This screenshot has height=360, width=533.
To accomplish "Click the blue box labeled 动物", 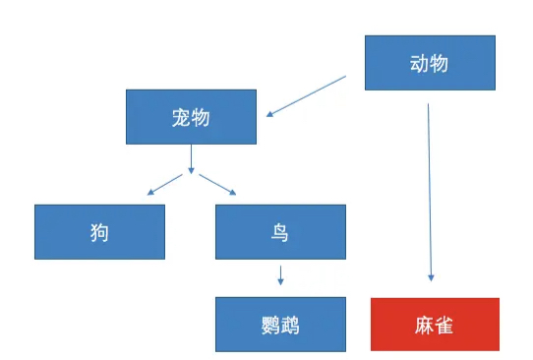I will coord(429,63).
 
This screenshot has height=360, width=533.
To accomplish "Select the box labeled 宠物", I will coord(191,117).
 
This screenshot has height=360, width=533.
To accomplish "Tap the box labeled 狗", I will coord(98,232).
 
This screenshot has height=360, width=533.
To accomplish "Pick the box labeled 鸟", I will coord(280,232).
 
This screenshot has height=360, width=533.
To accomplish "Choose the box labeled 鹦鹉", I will coord(280,324).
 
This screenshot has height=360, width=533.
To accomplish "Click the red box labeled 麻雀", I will coord(435,324).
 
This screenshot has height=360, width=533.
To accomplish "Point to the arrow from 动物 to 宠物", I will coord(307,94).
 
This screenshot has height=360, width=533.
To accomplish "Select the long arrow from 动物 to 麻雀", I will coord(430,187).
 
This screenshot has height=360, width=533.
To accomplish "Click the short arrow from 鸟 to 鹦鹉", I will coord(280,274).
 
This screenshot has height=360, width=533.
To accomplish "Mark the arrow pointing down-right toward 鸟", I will coord(217,183).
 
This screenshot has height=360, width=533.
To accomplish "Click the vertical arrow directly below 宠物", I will coord(191,157).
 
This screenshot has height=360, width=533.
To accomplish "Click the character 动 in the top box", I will coord(418,63).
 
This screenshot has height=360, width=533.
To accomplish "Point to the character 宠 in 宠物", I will coord(180,117).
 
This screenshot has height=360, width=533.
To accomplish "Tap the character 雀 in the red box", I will coord(445,324).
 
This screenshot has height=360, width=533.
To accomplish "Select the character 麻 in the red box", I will coord(424,324).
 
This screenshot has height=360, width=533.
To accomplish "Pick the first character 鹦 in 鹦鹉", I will coord(269,324).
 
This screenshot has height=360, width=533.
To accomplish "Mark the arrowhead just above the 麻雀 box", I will coord(431,280).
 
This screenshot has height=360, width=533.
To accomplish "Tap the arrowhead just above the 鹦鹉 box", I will coord(280,282).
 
